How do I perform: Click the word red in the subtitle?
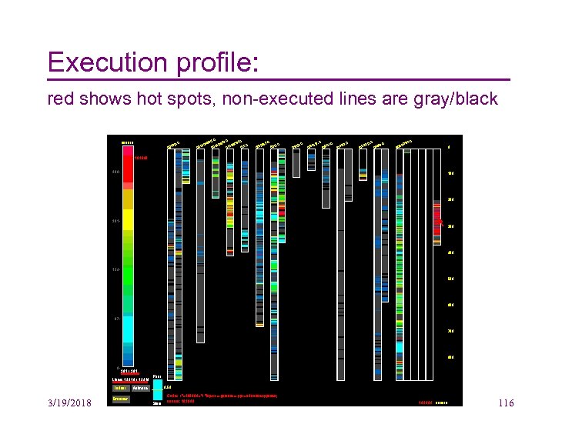[60, 99]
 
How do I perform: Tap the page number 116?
[506, 404]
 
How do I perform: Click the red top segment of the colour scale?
[128, 165]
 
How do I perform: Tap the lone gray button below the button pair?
[121, 399]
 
